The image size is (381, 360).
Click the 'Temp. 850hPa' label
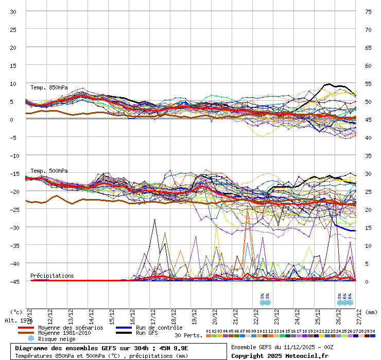(x=49, y=87)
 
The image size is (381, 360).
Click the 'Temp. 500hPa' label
(x=49, y=171)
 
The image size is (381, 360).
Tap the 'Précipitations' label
(x=52, y=276)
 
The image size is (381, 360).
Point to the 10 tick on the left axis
(x=13, y=83)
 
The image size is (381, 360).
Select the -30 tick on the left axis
(x=13, y=227)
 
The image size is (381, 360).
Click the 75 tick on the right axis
(x=368, y=11)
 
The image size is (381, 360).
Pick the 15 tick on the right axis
(x=368, y=227)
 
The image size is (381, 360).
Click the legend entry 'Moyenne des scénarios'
(x=71, y=328)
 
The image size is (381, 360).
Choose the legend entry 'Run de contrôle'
(x=159, y=328)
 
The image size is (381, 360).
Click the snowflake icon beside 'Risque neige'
(x=30, y=339)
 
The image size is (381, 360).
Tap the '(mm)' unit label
(x=371, y=312)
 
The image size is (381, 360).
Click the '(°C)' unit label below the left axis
(x=16, y=312)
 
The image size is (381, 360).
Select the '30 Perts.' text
(x=187, y=335)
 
